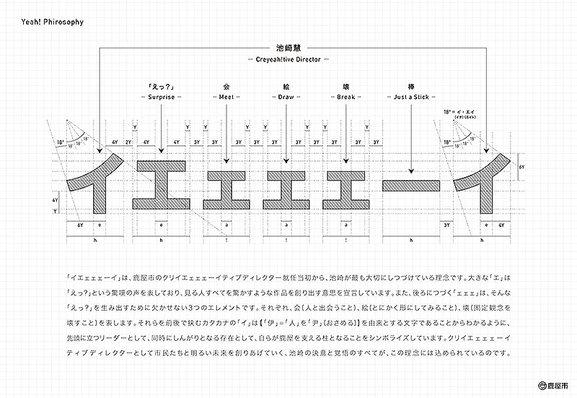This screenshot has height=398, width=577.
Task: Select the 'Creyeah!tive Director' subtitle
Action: (288, 58)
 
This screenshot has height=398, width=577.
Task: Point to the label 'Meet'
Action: (227, 97)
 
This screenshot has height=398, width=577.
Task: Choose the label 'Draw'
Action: (286, 97)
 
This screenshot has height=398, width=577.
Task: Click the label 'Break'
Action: (347, 97)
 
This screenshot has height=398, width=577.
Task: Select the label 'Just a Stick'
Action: (410, 97)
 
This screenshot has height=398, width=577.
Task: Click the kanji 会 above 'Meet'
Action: (227, 86)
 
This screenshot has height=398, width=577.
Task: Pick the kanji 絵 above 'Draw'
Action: (286, 86)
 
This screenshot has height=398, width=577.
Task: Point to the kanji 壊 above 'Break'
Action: (347, 86)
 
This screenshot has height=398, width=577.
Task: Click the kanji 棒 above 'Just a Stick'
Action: (410, 86)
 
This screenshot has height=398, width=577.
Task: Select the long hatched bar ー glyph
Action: (410, 185)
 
